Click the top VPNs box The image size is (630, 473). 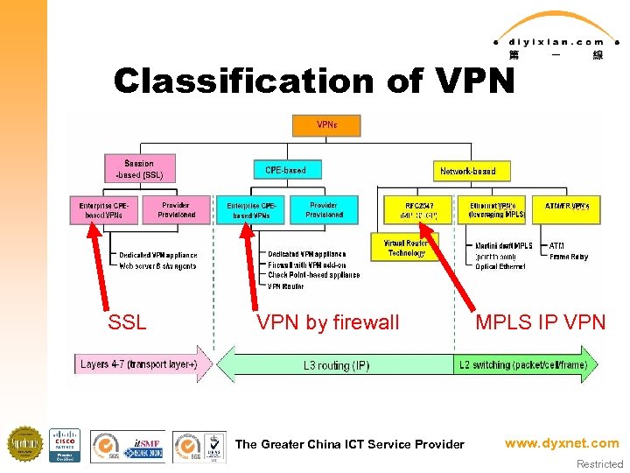pyautogui.click(x=326, y=125)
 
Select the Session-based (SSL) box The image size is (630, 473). pyautogui.click(x=139, y=169)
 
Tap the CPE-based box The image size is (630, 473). pyautogui.click(x=285, y=169)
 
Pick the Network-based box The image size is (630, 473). pyautogui.click(x=467, y=171)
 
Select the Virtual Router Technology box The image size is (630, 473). pyautogui.click(x=406, y=248)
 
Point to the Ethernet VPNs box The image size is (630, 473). pyautogui.click(x=495, y=209)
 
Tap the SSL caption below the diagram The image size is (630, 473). pyautogui.click(x=127, y=322)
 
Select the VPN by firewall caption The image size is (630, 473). pyautogui.click(x=327, y=322)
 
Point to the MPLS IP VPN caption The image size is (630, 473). pyautogui.click(x=540, y=322)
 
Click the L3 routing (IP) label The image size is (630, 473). pyautogui.click(x=336, y=364)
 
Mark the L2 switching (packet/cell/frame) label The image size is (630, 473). pyautogui.click(x=521, y=364)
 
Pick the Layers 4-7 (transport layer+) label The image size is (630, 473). pyautogui.click(x=138, y=364)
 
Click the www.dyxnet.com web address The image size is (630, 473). pyautogui.click(x=561, y=443)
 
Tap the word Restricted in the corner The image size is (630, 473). pyautogui.click(x=599, y=464)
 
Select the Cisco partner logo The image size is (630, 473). pyautogui.click(x=64, y=445)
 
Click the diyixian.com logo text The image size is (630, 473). pyautogui.click(x=555, y=41)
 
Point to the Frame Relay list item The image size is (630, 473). pyautogui.click(x=568, y=257)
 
